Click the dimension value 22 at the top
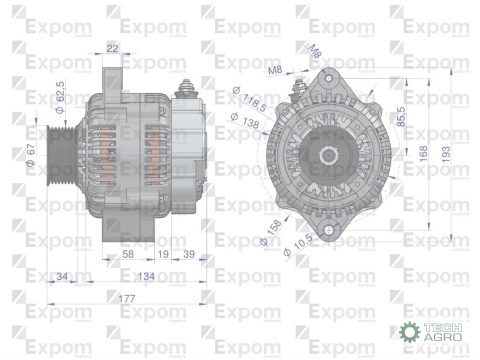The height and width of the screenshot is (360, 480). click(111, 47)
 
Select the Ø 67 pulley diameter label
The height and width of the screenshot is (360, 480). click(32, 155)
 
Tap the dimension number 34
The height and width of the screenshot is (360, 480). click(63, 276)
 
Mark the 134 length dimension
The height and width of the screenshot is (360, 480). click(145, 276)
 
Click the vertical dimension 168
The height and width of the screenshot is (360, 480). click(423, 153)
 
